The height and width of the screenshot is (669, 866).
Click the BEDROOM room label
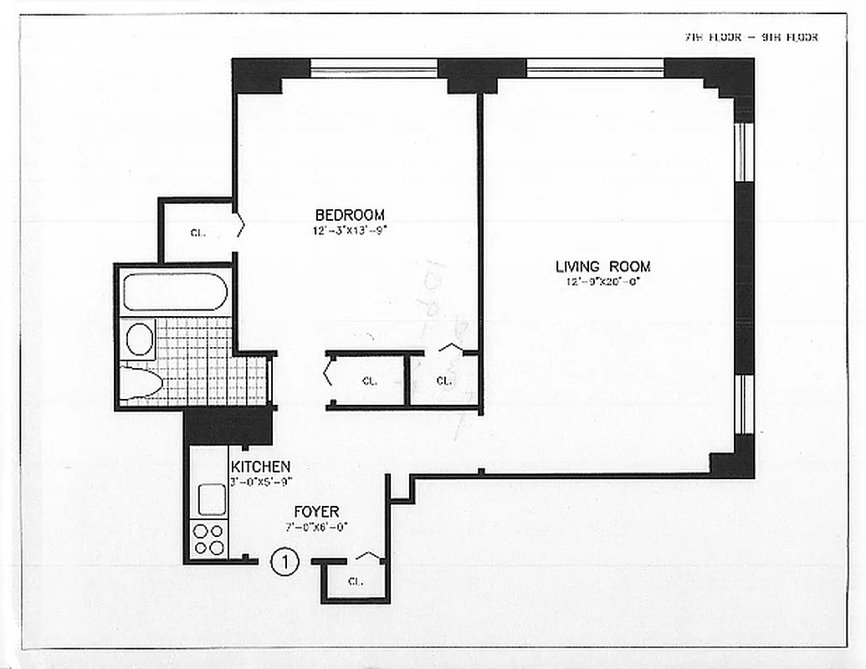[x=350, y=215]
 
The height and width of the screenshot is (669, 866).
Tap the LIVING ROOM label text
[x=602, y=267]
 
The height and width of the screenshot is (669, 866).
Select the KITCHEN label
[x=260, y=467]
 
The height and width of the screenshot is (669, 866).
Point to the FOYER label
[x=315, y=512]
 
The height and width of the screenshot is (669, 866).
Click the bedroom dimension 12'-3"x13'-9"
[x=350, y=229]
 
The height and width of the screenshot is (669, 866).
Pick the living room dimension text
[x=602, y=282]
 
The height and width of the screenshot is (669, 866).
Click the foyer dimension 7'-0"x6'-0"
[x=315, y=527]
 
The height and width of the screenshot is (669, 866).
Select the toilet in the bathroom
[x=141, y=383]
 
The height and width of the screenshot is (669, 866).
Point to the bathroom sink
[x=140, y=340]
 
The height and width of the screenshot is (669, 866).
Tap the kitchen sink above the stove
[x=211, y=499]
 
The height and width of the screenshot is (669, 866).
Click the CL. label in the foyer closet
[x=355, y=582]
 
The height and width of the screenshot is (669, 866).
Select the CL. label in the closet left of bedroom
[x=197, y=233]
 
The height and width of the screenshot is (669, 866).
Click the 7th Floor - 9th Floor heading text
[x=750, y=37]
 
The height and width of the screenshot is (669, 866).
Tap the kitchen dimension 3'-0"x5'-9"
[x=260, y=481]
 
